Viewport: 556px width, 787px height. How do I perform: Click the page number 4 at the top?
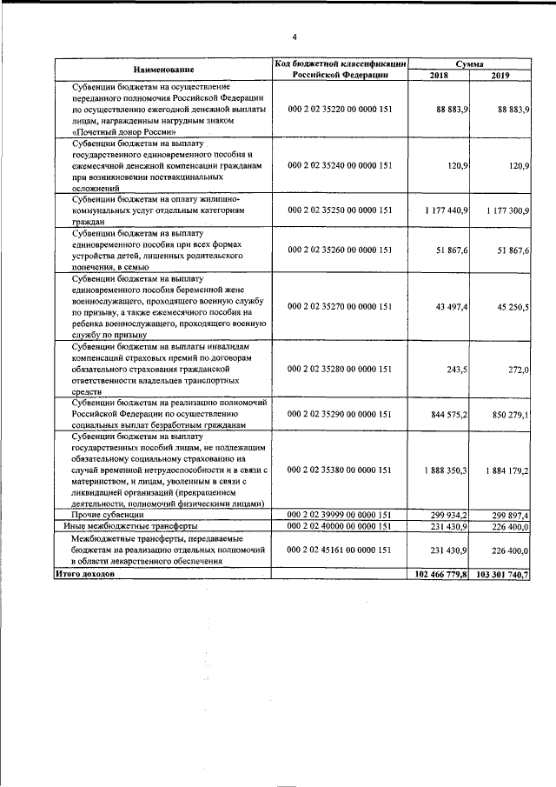tap(295, 37)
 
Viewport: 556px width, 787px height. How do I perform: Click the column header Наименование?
tap(163, 69)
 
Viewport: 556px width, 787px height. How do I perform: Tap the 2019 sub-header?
tap(500, 76)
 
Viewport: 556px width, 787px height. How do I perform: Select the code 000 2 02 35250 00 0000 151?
tap(339, 210)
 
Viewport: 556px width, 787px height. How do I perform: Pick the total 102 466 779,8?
tap(440, 574)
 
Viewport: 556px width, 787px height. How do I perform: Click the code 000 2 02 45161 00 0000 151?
tap(339, 549)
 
